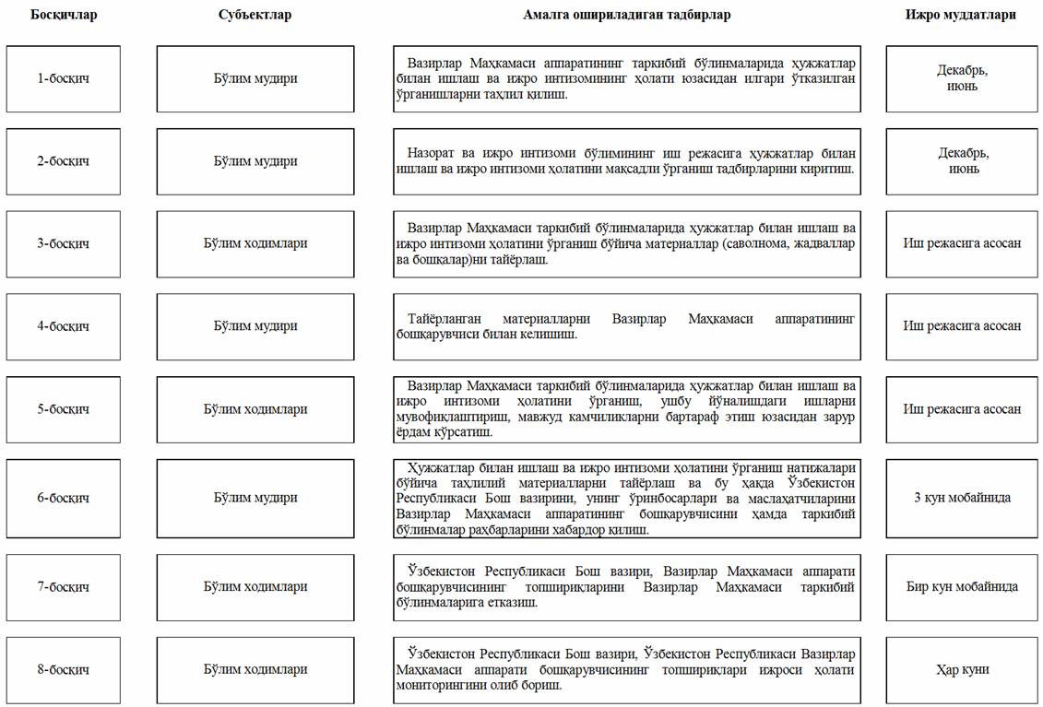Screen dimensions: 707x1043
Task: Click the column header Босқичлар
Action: coord(64,15)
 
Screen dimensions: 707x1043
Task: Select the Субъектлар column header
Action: coord(255,15)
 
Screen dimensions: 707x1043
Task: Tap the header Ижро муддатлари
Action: coord(960,15)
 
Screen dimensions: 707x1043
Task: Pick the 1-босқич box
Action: coord(64,78)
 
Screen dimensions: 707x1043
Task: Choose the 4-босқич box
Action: coord(64,326)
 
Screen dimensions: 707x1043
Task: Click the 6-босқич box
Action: coord(64,498)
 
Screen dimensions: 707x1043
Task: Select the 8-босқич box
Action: coord(64,669)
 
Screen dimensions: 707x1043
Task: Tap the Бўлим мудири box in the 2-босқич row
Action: coord(255,161)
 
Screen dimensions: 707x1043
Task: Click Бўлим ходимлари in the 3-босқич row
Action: coord(255,243)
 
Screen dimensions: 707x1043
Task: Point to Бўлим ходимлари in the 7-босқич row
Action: coord(255,586)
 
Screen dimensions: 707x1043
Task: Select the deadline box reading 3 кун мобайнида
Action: coord(962,498)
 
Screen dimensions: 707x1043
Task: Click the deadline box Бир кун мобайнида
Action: coord(962,586)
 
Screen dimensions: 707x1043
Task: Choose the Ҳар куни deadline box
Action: coord(962,669)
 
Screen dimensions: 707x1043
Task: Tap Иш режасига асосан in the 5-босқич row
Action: coord(962,409)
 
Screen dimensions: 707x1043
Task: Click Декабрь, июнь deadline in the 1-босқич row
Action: coord(962,78)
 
